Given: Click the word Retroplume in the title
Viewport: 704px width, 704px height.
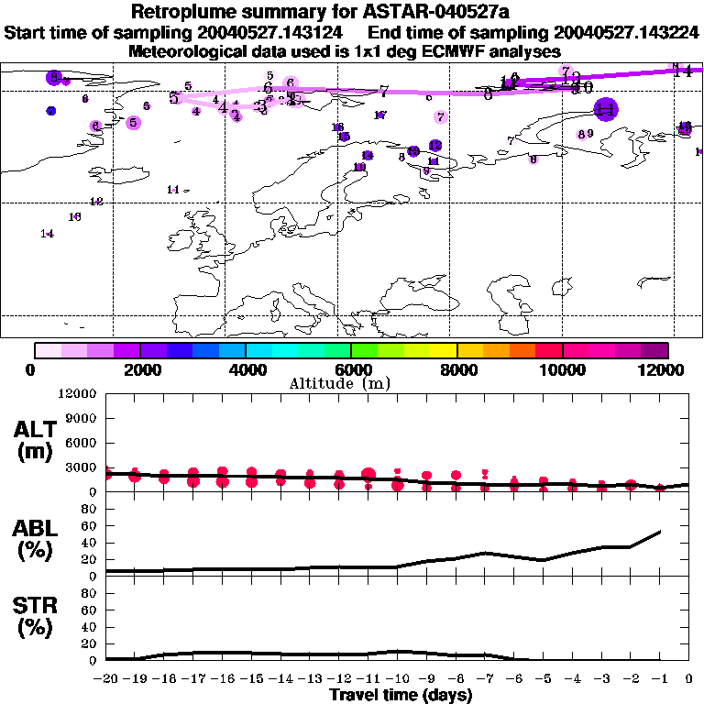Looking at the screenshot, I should (186, 12).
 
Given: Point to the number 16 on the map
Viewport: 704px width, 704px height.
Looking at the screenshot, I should (75, 217).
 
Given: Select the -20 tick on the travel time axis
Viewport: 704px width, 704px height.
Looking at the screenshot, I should (106, 679).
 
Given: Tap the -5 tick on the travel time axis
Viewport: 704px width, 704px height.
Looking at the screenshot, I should (544, 679).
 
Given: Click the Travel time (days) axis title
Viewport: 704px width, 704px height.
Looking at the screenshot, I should (401, 695).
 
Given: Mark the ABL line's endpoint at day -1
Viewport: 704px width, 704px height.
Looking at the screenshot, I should (660, 531).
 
